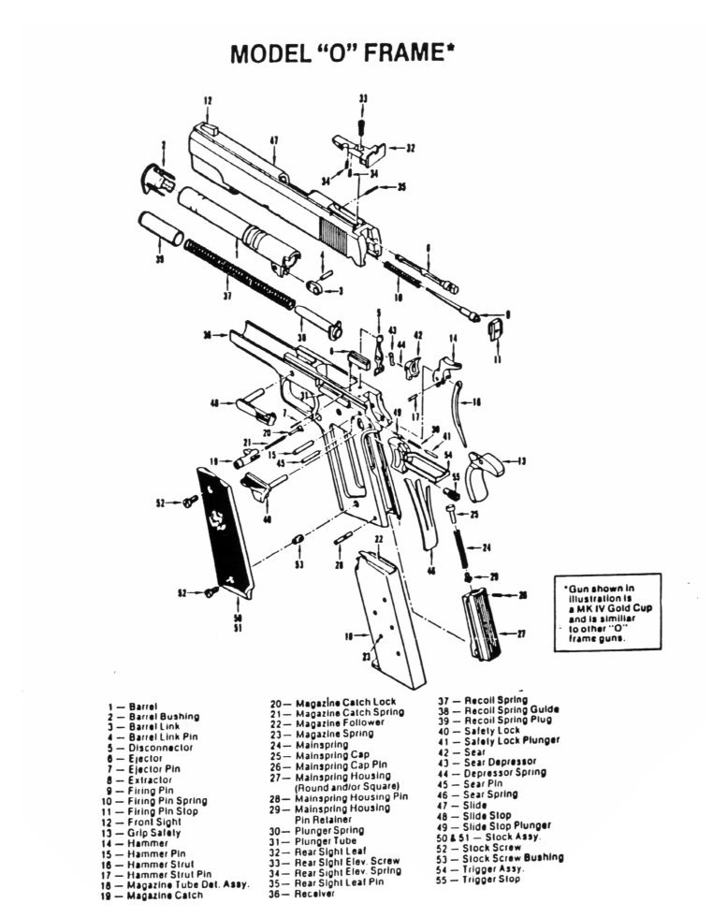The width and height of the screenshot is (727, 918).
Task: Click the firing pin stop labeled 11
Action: point(496,330)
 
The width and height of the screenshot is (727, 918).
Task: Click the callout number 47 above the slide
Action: point(274,141)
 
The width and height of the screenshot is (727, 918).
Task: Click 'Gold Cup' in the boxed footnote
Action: point(611,608)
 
